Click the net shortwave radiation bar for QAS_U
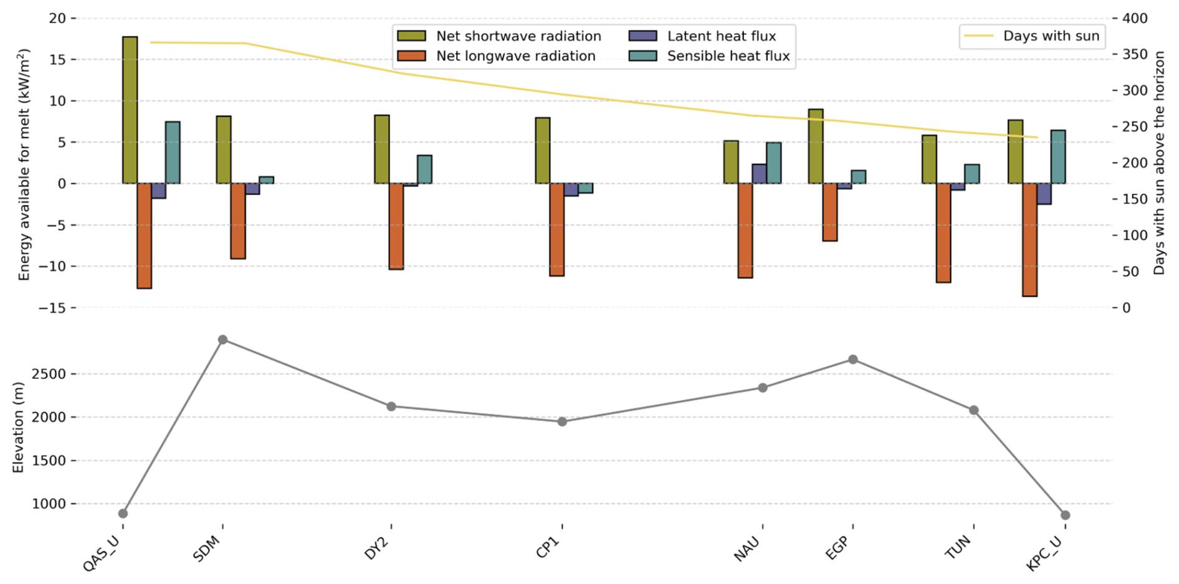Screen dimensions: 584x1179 coord(130,110)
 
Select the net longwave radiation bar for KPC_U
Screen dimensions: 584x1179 coord(1029,239)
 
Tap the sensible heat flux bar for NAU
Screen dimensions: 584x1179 coord(773,163)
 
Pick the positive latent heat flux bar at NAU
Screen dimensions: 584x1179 coord(759,174)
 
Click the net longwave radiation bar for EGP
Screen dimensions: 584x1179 coord(830,212)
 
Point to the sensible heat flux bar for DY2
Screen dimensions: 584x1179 coord(424,169)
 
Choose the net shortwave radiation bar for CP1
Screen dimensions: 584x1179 coord(543,150)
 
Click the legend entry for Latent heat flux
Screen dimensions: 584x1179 coord(721,36)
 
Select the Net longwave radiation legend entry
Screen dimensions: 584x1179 coord(515,56)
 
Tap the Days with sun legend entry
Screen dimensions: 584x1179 coord(1051,36)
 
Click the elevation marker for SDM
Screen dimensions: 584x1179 coord(222,340)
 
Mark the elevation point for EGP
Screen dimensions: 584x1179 coord(853,360)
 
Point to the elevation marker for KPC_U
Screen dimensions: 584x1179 coord(1065,515)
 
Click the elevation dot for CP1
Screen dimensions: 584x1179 coord(562,421)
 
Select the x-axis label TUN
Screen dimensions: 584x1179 coord(959,547)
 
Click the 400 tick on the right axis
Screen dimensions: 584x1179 coord(1135,19)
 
